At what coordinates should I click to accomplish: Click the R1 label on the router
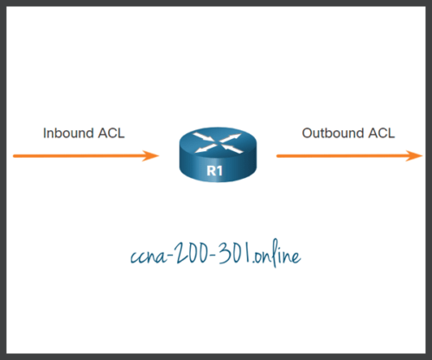click(216, 172)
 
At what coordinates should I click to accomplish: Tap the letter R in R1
click(213, 172)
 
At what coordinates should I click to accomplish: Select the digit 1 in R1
click(221, 172)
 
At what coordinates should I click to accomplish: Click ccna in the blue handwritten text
click(143, 256)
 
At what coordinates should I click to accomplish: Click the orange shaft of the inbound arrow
click(78, 156)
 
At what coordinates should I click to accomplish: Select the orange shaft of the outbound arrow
click(337, 156)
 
